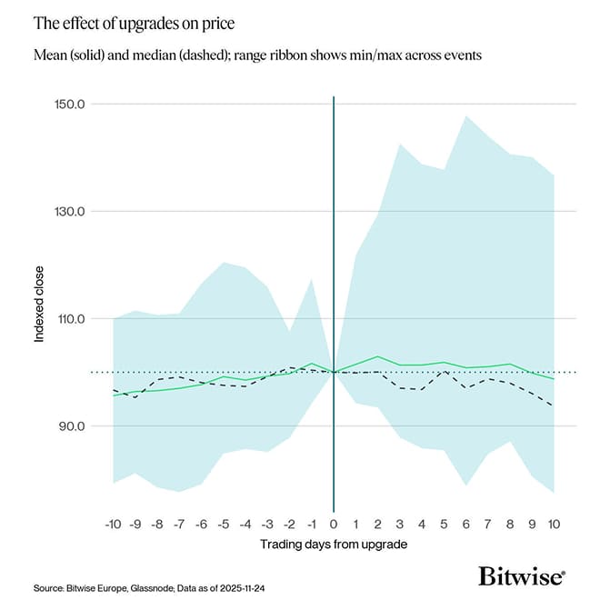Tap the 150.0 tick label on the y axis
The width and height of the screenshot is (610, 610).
point(69,104)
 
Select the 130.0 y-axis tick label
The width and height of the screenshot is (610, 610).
point(69,211)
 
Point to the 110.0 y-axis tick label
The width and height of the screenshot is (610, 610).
point(69,319)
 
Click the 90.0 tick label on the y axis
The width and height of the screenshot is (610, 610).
point(72,426)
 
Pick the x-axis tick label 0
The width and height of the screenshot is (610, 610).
point(334,525)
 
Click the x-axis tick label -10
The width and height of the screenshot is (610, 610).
point(113,525)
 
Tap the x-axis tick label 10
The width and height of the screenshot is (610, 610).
point(555,525)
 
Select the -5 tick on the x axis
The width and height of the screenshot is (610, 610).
point(223,525)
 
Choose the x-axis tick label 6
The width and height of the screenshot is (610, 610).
point(466,525)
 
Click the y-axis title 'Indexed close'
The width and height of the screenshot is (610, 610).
point(40,310)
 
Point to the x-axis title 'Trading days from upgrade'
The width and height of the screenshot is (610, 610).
point(334,545)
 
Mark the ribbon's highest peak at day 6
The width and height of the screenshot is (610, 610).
point(466,116)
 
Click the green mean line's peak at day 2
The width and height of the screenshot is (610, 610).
point(378,356)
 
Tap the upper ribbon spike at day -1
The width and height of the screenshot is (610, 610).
point(312,279)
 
